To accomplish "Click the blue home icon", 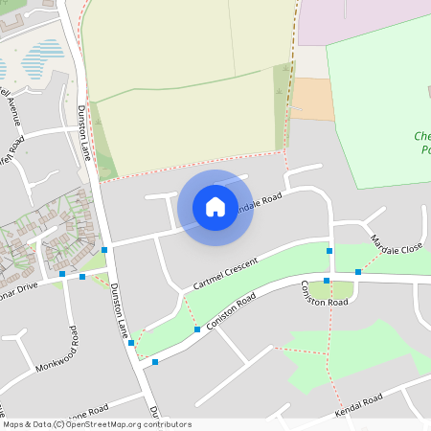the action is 215,207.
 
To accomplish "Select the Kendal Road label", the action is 358,406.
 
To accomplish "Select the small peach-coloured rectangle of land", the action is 313,100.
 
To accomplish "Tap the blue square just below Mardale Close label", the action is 358,272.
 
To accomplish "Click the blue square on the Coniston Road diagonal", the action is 197,329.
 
